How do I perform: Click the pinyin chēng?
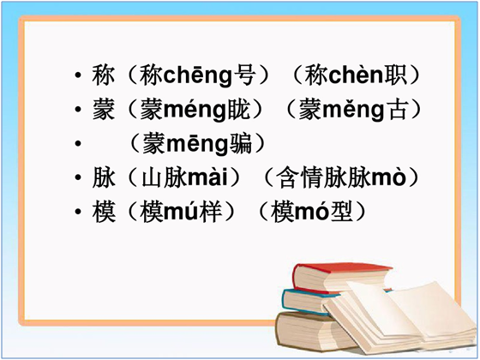point(198,76)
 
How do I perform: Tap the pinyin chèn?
point(356,75)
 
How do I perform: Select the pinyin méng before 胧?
point(195,111)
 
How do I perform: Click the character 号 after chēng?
point(244,75)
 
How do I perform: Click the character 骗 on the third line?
point(241,144)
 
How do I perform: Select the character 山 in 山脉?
point(152,177)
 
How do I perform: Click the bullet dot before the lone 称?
point(78,75)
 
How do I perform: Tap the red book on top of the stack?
point(339,278)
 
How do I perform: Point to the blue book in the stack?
point(309,301)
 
